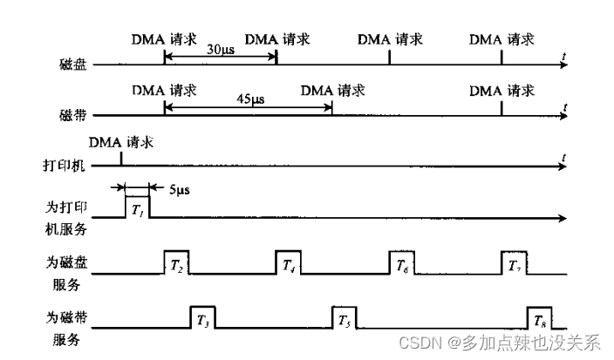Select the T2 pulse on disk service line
click(176, 263)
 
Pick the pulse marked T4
click(289, 263)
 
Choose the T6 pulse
click(401, 263)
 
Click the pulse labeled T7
click(514, 263)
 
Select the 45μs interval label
click(251, 100)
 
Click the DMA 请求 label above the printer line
click(121, 141)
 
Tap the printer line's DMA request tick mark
click(121, 160)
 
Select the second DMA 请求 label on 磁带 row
click(332, 90)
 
